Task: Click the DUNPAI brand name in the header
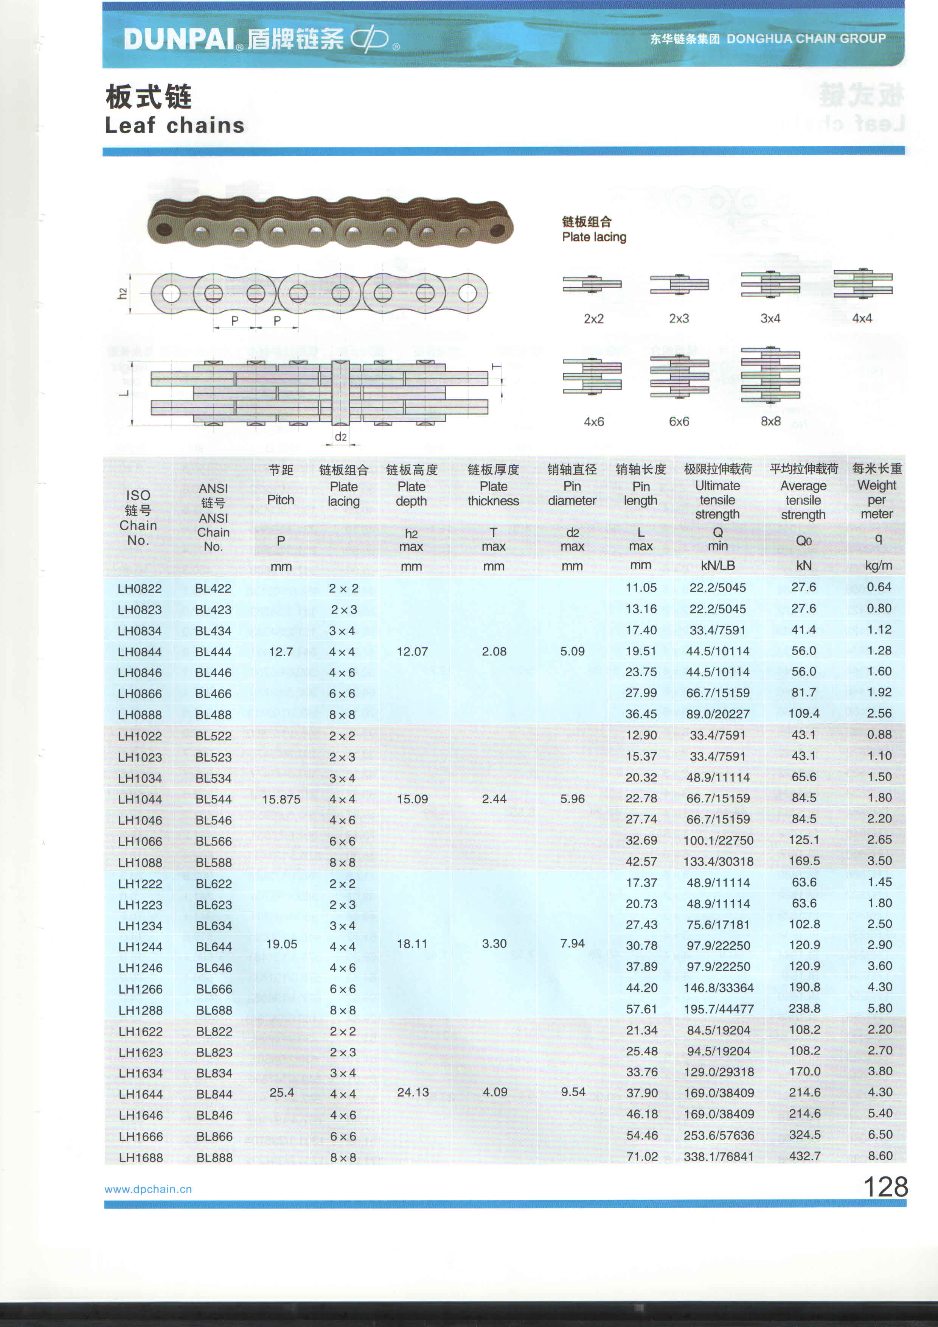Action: click(179, 39)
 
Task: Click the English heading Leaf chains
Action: click(174, 125)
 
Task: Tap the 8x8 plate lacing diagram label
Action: click(770, 421)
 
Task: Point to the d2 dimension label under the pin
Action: click(341, 437)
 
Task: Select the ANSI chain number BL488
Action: click(213, 715)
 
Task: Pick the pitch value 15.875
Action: click(281, 799)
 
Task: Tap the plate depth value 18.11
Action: click(412, 944)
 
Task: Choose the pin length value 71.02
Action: click(642, 1157)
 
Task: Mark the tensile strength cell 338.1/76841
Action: click(719, 1157)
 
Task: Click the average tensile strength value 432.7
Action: click(804, 1156)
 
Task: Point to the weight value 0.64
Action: click(879, 587)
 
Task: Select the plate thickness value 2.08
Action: click(494, 651)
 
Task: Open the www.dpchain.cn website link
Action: click(148, 1189)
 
